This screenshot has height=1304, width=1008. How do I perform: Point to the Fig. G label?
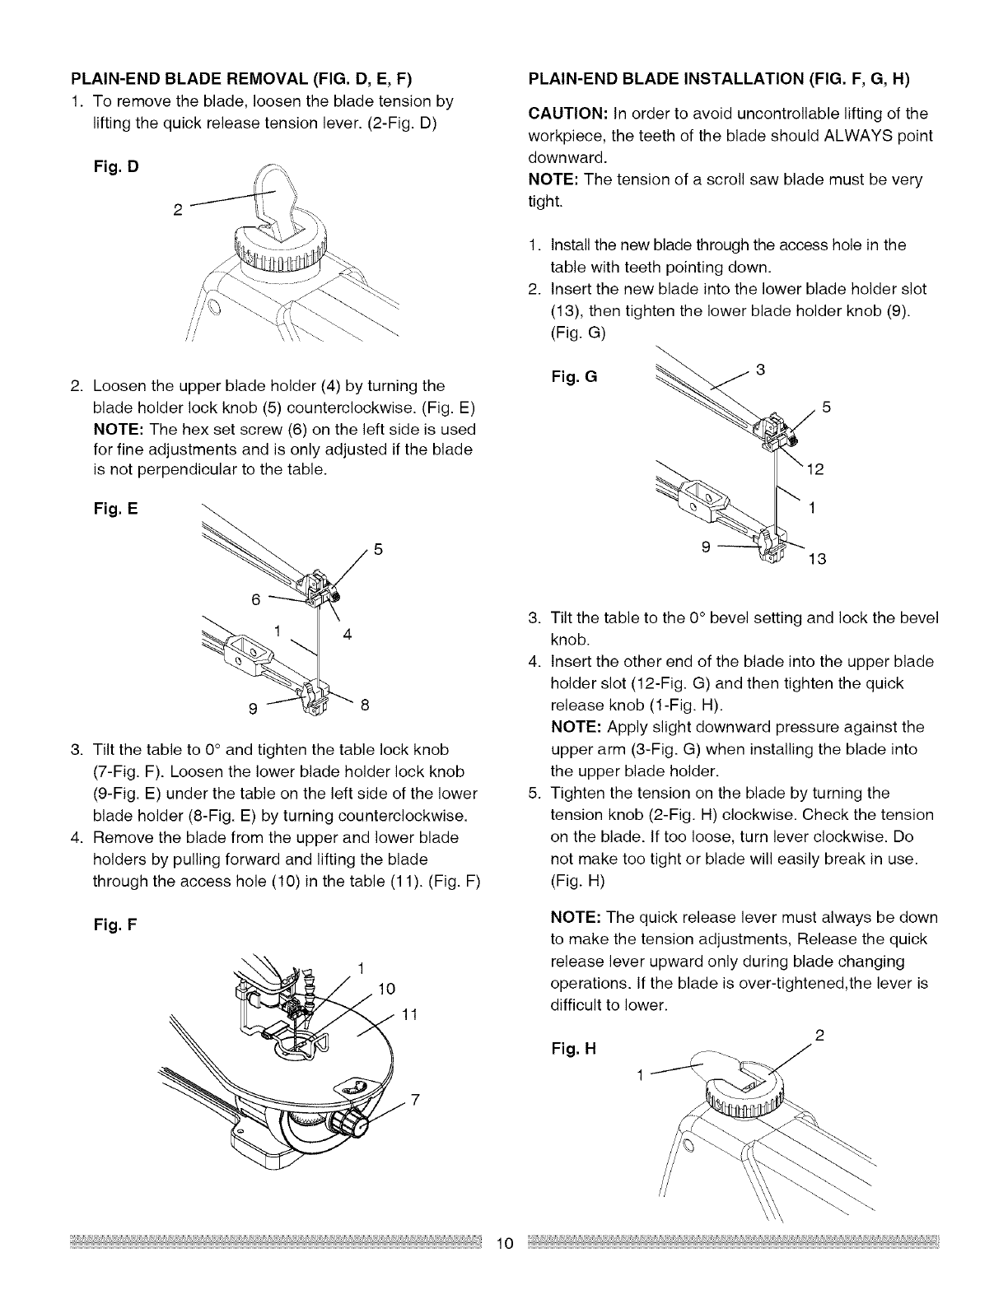(573, 378)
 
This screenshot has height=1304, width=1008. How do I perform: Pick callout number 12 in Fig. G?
(815, 470)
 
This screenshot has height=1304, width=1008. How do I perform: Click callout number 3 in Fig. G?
(760, 370)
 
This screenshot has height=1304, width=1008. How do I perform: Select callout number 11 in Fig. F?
(411, 1015)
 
